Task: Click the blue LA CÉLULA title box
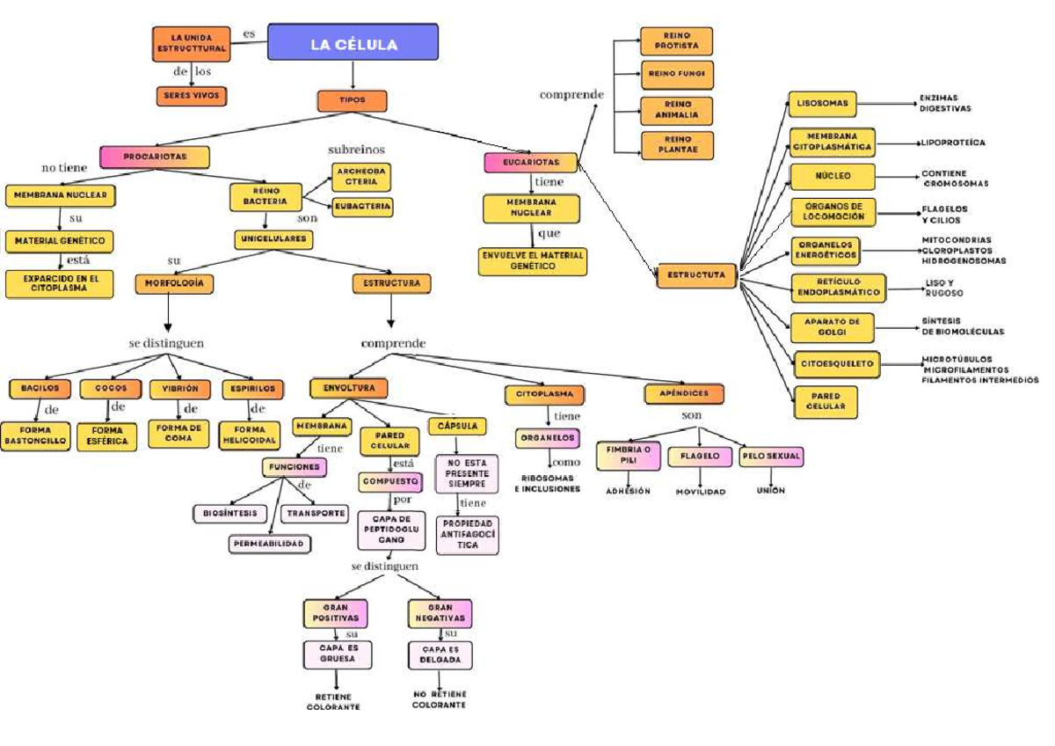pyautogui.click(x=353, y=45)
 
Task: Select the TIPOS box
pyautogui.click(x=352, y=100)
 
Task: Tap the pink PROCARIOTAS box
pyautogui.click(x=155, y=157)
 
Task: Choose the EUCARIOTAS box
pyautogui.click(x=531, y=163)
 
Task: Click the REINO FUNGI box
pyautogui.click(x=676, y=75)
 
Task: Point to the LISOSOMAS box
pyautogui.click(x=822, y=104)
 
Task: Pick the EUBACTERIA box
pyautogui.click(x=361, y=207)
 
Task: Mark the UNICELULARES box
pyautogui.click(x=273, y=239)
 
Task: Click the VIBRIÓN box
pyautogui.click(x=180, y=388)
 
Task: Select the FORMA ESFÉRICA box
pyautogui.click(x=107, y=436)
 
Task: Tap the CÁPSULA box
pyautogui.click(x=457, y=426)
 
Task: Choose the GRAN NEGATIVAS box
pyautogui.click(x=440, y=613)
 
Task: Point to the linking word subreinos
pyautogui.click(x=356, y=150)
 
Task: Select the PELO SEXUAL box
pyautogui.click(x=771, y=457)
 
